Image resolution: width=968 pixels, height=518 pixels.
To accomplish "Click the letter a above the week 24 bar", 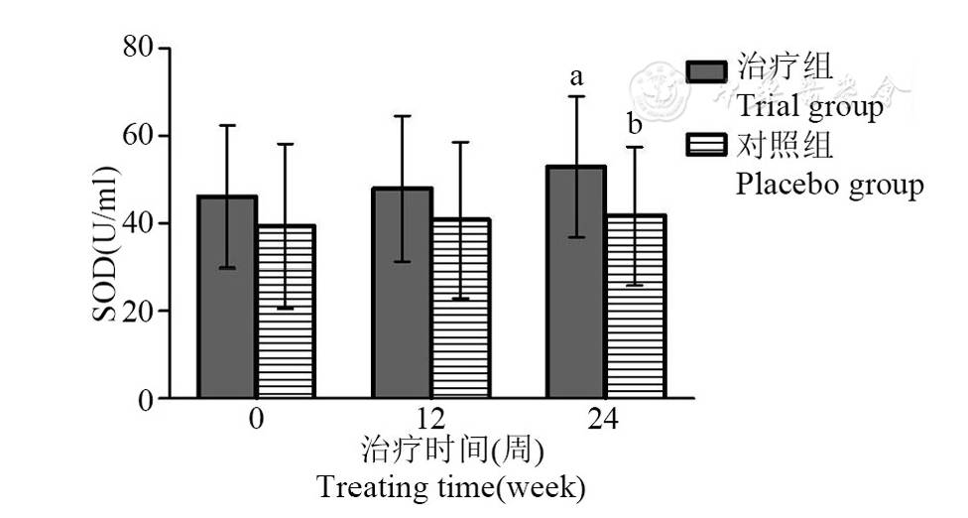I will point(575,76).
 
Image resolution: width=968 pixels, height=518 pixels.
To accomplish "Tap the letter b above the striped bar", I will point(635,126).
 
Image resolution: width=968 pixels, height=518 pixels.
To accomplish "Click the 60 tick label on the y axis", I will point(138,135).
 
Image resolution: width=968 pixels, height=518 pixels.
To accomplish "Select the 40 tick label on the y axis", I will point(138,223).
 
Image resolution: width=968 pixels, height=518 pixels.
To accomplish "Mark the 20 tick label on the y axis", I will point(138,311).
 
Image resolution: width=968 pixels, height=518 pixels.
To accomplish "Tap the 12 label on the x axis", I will point(430,419).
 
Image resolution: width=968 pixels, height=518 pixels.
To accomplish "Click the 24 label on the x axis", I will point(604,419).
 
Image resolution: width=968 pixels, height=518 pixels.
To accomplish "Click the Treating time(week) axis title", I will point(451,488).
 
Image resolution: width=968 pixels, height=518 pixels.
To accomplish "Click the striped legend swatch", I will point(708,146).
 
